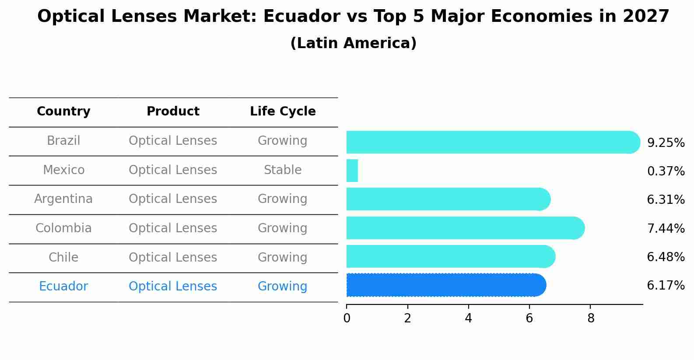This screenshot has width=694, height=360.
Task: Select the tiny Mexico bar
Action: click(x=352, y=171)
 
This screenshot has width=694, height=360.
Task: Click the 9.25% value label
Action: click(x=666, y=143)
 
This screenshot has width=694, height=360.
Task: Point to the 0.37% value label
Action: click(x=666, y=171)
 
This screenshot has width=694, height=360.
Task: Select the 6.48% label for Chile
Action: click(x=666, y=257)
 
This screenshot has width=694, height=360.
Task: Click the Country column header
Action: click(x=63, y=112)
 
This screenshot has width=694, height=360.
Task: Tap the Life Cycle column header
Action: click(x=283, y=112)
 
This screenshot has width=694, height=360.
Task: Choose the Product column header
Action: click(x=173, y=112)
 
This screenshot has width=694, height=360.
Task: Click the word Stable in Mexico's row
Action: click(x=283, y=170)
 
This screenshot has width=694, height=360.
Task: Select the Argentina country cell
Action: click(x=63, y=199)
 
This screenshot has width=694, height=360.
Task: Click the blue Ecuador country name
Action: click(x=63, y=287)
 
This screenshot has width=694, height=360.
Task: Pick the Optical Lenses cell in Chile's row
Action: click(x=173, y=258)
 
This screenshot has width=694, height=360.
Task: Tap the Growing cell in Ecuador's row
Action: click(x=283, y=287)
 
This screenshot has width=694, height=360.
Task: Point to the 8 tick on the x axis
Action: click(x=591, y=318)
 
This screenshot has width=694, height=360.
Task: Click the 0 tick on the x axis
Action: click(x=347, y=318)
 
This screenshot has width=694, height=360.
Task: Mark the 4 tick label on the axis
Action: click(x=469, y=318)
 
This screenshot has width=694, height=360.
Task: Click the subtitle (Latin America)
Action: click(x=353, y=43)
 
